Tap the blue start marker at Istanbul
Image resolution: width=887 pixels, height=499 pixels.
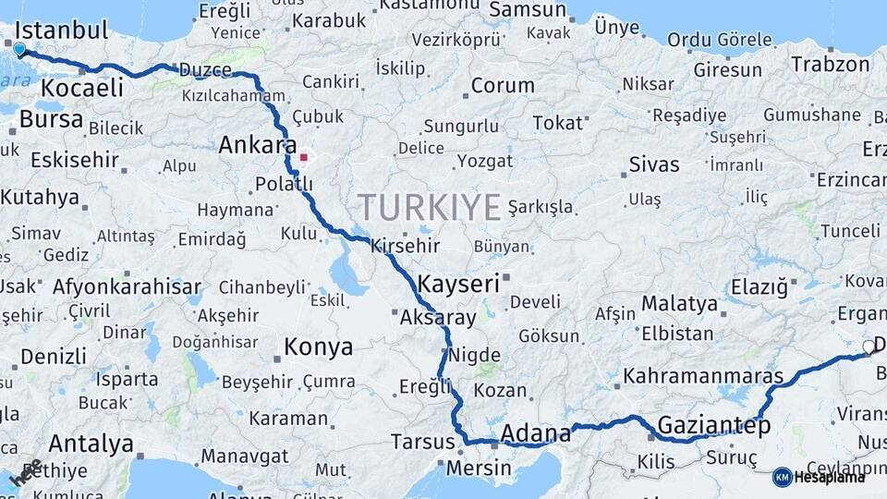pos(19,48)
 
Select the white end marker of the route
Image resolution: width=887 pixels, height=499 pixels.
pos(868,347)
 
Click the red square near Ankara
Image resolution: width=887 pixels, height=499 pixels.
pos(303,157)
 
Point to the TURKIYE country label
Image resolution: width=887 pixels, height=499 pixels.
pos(430,207)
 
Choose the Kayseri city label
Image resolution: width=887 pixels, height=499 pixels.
pos(459,284)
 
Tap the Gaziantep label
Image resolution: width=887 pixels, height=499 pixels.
pos(713,427)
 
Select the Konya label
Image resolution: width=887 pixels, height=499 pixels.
pos(318,347)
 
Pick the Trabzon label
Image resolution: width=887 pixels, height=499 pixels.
pos(830,65)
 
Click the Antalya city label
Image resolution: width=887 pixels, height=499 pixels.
pos(91,444)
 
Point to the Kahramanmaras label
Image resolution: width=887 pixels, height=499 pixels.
pos(703,377)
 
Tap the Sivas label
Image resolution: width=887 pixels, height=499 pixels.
pos(654,165)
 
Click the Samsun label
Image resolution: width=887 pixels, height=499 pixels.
pos(527,10)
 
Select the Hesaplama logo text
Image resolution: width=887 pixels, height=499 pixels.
pos(832,477)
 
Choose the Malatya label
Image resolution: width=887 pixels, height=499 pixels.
pos(679,303)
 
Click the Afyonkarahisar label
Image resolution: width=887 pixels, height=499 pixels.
pos(127,286)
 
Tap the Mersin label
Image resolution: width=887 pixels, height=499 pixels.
pos(479,468)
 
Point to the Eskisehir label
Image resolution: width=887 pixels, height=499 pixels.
pos(75,160)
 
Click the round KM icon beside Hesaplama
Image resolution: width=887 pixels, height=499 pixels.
pos(783,477)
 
